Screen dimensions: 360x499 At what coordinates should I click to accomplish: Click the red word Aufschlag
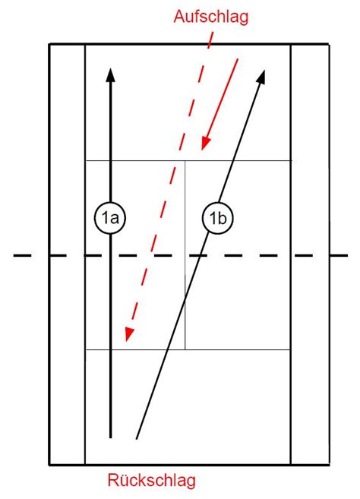tap(210, 17)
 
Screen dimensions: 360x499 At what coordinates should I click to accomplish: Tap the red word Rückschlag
tap(151, 480)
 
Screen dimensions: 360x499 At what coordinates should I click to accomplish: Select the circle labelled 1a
tap(110, 218)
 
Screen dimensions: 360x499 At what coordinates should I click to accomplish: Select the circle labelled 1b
tap(218, 218)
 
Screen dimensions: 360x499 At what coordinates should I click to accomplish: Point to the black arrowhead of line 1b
tap(261, 77)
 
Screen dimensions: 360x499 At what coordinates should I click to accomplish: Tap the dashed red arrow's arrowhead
tap(128, 334)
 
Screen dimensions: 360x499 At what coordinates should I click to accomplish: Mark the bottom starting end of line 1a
tap(110, 438)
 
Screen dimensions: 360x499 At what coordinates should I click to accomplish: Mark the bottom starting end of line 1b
tap(137, 439)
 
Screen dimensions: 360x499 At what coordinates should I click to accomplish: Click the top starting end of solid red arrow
tap(238, 59)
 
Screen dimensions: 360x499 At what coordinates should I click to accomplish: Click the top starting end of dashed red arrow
tap(213, 33)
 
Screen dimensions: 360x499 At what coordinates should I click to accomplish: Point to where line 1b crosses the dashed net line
tap(201, 255)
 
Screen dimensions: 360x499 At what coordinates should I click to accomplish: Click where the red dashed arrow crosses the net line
tap(151, 255)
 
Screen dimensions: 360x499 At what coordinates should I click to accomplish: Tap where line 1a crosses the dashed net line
tap(110, 255)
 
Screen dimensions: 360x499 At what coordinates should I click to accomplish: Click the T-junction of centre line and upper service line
tap(185, 161)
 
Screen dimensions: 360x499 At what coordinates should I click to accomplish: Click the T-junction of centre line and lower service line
tap(185, 349)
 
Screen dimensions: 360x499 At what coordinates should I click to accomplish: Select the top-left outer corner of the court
tap(49, 44)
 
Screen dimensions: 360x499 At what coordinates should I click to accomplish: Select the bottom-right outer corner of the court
tap(329, 465)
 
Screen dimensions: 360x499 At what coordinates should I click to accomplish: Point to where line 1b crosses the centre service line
tap(185, 299)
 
